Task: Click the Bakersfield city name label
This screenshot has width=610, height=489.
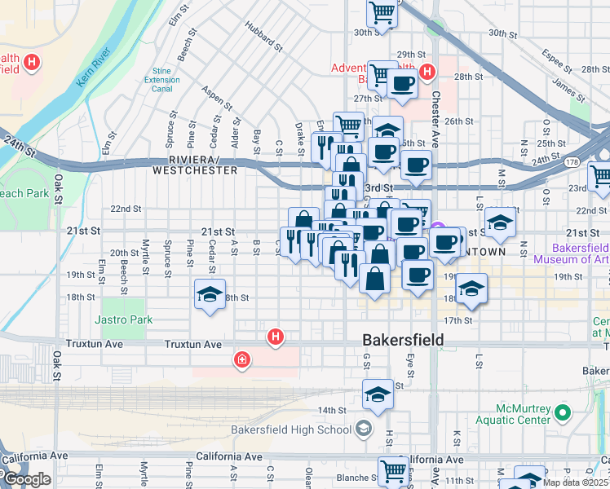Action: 403,340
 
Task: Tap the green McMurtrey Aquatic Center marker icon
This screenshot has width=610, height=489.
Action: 562,413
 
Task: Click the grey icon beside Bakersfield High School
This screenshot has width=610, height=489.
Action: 363,430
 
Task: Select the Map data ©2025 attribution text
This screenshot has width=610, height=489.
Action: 575,482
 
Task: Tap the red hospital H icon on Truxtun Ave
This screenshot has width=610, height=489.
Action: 276,336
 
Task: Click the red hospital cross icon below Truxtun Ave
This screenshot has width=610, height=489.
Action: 241,359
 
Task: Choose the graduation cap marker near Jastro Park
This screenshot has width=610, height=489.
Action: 210,294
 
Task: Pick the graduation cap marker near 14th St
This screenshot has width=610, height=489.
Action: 378,394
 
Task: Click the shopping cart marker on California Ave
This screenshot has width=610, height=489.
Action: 393,470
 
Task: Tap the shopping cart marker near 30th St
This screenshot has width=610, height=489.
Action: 382,13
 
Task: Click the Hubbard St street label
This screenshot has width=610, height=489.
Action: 263,37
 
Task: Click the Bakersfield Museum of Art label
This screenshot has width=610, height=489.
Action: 571,253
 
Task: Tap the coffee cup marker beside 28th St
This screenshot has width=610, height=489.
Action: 401,83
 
